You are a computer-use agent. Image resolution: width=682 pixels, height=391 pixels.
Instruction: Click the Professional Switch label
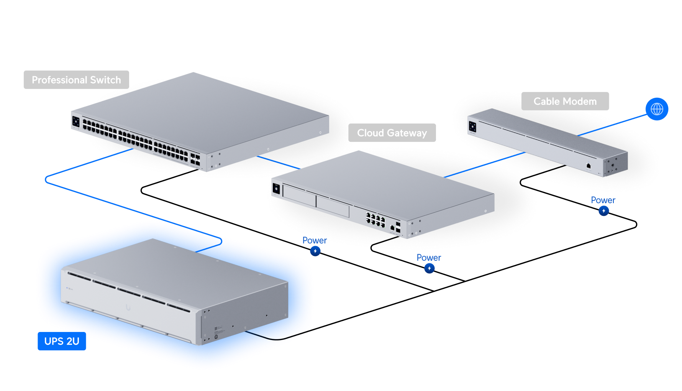point(76,80)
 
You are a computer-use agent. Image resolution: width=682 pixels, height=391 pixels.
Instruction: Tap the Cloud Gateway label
point(392,133)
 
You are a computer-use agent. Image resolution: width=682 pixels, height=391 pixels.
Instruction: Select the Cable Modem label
point(565,101)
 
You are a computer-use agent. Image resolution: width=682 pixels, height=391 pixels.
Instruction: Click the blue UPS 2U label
point(62,341)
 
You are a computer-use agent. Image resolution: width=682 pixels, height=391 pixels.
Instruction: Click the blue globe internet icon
point(657,109)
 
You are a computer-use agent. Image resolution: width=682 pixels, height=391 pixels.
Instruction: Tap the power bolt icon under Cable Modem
point(604,211)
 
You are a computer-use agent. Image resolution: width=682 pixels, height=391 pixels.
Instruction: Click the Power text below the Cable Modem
point(603,200)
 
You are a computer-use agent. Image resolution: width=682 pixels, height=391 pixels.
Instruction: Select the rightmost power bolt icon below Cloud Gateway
point(430,268)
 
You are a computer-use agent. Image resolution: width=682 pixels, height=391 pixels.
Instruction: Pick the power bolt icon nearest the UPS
point(315,251)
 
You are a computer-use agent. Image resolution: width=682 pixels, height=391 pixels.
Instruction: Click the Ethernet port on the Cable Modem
point(589,166)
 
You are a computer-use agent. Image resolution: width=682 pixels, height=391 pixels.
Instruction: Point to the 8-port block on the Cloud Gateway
point(375,220)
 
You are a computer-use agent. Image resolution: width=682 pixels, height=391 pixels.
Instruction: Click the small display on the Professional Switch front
point(76,122)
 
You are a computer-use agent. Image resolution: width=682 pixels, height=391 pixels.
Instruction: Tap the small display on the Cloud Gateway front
point(276,189)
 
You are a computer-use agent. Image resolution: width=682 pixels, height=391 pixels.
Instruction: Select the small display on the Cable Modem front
point(472,126)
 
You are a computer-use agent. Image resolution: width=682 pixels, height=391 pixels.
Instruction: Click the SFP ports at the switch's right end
point(195,160)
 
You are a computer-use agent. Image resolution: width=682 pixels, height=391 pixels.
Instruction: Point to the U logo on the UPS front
point(128,307)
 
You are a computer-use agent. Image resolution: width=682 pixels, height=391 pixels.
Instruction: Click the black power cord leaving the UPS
point(276,338)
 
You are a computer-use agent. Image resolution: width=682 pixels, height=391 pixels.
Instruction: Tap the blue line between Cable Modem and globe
point(613,125)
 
